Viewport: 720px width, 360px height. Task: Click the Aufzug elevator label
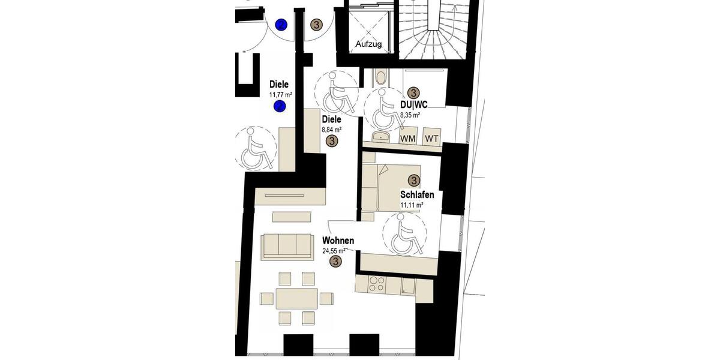pyautogui.click(x=368, y=44)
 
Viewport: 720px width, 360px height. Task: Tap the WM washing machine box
pyautogui.click(x=408, y=139)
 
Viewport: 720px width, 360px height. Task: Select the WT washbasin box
pyautogui.click(x=432, y=139)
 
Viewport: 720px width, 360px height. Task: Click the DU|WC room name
pyautogui.click(x=413, y=104)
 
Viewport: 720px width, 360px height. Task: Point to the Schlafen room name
pyautogui.click(x=417, y=194)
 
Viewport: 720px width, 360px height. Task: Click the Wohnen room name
pyautogui.click(x=338, y=241)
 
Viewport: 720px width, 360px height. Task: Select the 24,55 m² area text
pyautogui.click(x=334, y=251)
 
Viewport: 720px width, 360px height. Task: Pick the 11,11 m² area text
pyautogui.click(x=412, y=205)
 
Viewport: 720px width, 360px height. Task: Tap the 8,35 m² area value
pyautogui.click(x=410, y=114)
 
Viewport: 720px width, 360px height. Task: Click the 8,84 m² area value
pyautogui.click(x=332, y=129)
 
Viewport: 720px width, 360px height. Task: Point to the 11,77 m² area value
pyautogui.click(x=280, y=95)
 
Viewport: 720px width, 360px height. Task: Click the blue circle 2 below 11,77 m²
pyautogui.click(x=280, y=107)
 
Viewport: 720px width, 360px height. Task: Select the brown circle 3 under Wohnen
pyautogui.click(x=336, y=262)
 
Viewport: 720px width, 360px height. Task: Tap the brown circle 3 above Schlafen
pyautogui.click(x=413, y=180)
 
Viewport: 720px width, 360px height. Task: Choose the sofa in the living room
pyautogui.click(x=287, y=247)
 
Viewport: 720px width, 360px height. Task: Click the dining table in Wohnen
pyautogui.click(x=296, y=298)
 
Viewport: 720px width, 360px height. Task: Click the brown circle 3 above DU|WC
pyautogui.click(x=413, y=92)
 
